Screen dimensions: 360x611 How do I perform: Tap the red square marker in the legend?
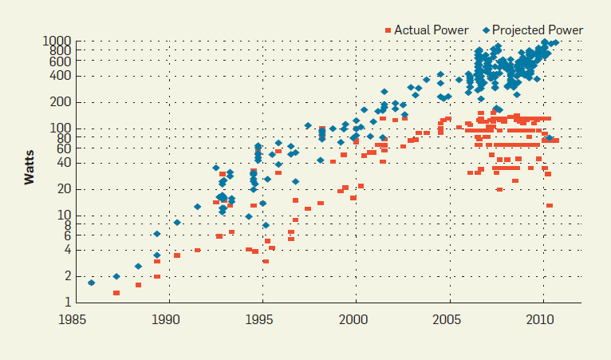point(388,30)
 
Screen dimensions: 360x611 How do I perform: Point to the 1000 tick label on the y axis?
point(57,41)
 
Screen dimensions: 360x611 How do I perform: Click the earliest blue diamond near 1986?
point(91,283)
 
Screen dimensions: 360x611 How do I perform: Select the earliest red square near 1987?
point(116,293)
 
